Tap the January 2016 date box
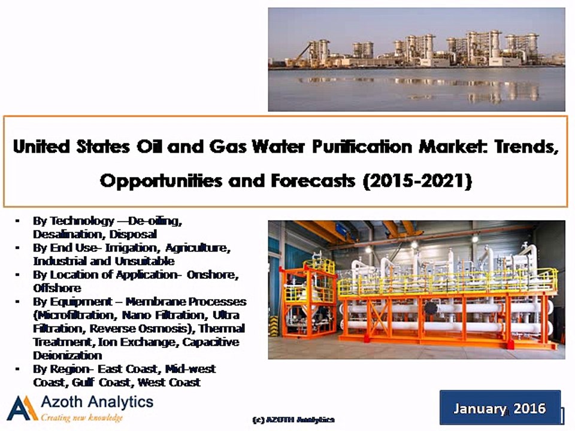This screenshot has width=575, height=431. point(500,408)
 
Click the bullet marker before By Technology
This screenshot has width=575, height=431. point(19,221)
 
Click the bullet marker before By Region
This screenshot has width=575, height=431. point(19,369)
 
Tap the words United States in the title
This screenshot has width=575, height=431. point(65,147)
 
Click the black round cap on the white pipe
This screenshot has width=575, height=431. point(430,308)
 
